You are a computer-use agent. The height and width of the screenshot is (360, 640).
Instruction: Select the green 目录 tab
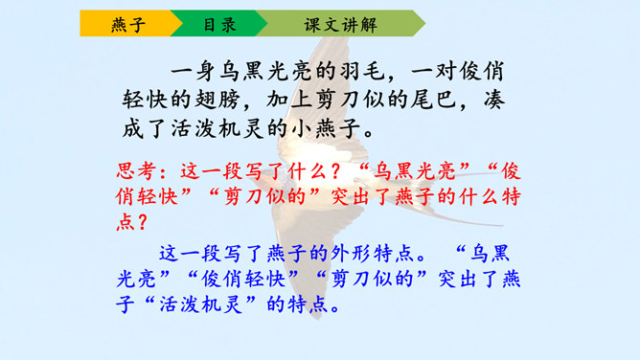coord(219,24)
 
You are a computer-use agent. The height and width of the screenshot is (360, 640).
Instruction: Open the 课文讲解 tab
coord(340,24)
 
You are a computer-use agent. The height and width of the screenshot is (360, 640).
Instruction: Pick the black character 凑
coord(493,100)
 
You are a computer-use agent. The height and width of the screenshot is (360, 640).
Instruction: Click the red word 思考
coord(136,170)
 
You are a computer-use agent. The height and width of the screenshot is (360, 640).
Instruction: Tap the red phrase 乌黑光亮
coord(415,170)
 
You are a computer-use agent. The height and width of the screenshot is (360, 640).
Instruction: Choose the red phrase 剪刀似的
coord(265,196)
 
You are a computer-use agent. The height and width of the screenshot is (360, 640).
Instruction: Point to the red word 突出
coord(352,196)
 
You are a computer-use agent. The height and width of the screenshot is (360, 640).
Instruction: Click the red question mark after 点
coord(143,222)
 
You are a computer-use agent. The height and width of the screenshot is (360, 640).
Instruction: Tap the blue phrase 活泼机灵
coord(201,304)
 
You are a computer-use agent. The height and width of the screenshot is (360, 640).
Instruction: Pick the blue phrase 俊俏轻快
coord(243,279)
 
